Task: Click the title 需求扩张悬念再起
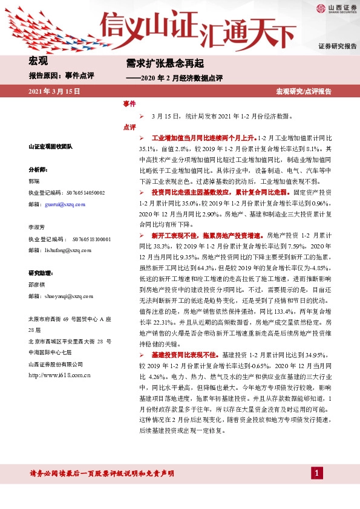tap(156, 63)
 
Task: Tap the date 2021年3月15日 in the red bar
tap(55, 91)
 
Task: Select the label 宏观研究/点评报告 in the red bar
tap(304, 91)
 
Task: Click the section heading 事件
tap(129, 104)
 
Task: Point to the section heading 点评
tap(129, 128)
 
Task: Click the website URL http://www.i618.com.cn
tap(59, 375)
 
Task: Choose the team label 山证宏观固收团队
tap(51, 147)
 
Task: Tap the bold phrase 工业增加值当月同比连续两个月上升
tap(204, 138)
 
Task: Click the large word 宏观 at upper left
tap(38, 60)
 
